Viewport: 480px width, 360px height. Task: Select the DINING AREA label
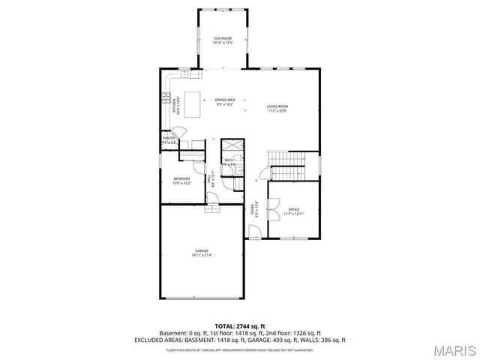225,100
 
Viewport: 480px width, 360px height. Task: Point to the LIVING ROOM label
277,106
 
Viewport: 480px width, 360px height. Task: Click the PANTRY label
169,138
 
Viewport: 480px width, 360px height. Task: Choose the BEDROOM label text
182,178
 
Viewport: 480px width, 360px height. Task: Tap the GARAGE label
202,250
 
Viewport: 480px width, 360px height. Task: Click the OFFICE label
294,209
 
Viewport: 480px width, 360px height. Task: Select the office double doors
273,203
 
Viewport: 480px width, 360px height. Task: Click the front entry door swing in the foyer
255,229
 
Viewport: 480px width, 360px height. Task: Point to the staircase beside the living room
288,158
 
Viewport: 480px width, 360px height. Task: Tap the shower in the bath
233,145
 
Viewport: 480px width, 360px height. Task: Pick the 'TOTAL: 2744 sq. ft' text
240,325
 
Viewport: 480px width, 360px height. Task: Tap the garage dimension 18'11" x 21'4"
202,256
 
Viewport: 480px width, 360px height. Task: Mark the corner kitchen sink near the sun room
183,75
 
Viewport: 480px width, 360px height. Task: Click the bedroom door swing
212,196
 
